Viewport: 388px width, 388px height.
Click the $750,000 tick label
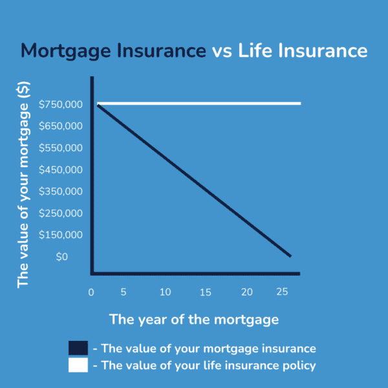pyautogui.click(x=61, y=104)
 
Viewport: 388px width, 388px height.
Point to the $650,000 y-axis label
pyautogui.click(x=61, y=126)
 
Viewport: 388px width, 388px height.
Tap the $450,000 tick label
pyautogui.click(x=61, y=169)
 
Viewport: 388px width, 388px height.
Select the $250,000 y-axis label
pyautogui.click(x=61, y=213)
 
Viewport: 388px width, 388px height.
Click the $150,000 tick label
pyautogui.click(x=61, y=235)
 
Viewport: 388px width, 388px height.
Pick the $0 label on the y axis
pyautogui.click(x=62, y=257)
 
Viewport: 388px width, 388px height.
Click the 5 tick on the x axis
pyautogui.click(x=124, y=292)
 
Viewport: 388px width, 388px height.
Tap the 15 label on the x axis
pyautogui.click(x=206, y=292)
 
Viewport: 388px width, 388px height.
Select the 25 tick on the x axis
pyautogui.click(x=282, y=292)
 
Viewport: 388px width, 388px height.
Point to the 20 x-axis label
pyautogui.click(x=247, y=292)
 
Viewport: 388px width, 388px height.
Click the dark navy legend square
pyautogui.click(x=78, y=348)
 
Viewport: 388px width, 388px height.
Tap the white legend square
pyautogui.click(x=78, y=365)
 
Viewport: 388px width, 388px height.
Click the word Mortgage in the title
pyautogui.click(x=66, y=51)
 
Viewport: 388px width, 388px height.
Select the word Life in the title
pyautogui.click(x=255, y=50)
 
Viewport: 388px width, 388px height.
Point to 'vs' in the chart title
pyautogui.click(x=222, y=52)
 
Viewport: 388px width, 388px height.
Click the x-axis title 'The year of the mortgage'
pyautogui.click(x=194, y=319)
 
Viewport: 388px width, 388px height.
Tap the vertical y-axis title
pyautogui.click(x=23, y=185)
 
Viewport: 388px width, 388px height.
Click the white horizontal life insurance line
pyautogui.click(x=199, y=103)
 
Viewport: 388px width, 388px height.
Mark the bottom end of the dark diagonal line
pyautogui.click(x=290, y=256)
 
